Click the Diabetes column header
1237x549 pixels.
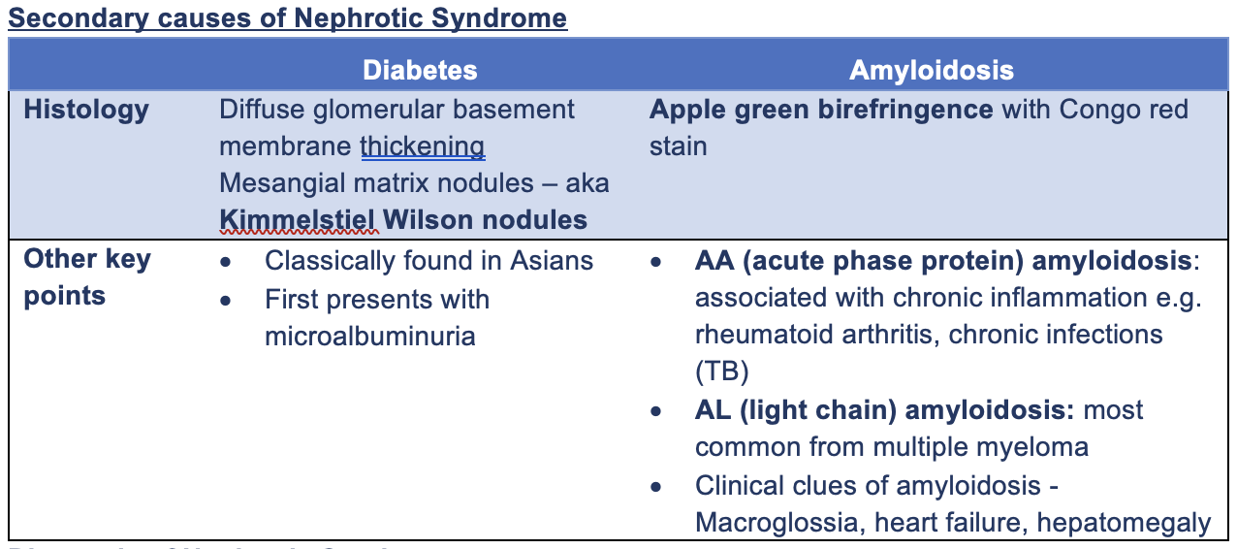pos(420,70)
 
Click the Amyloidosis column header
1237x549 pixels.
pos(931,70)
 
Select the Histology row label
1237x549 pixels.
pos(86,110)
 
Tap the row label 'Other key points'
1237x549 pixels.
pos(87,277)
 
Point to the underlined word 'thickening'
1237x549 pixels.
pos(422,146)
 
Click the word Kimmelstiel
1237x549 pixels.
pos(298,220)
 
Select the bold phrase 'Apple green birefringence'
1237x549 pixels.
pos(820,110)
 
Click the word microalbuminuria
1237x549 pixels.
pos(369,336)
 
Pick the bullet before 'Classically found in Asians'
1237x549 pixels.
pos(226,262)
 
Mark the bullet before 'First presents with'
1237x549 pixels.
pos(226,300)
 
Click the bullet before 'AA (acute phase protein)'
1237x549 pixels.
pos(656,262)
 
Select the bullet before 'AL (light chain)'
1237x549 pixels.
pos(656,411)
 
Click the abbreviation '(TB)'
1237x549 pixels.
pos(717,372)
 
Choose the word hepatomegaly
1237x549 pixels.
pos(1124,523)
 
